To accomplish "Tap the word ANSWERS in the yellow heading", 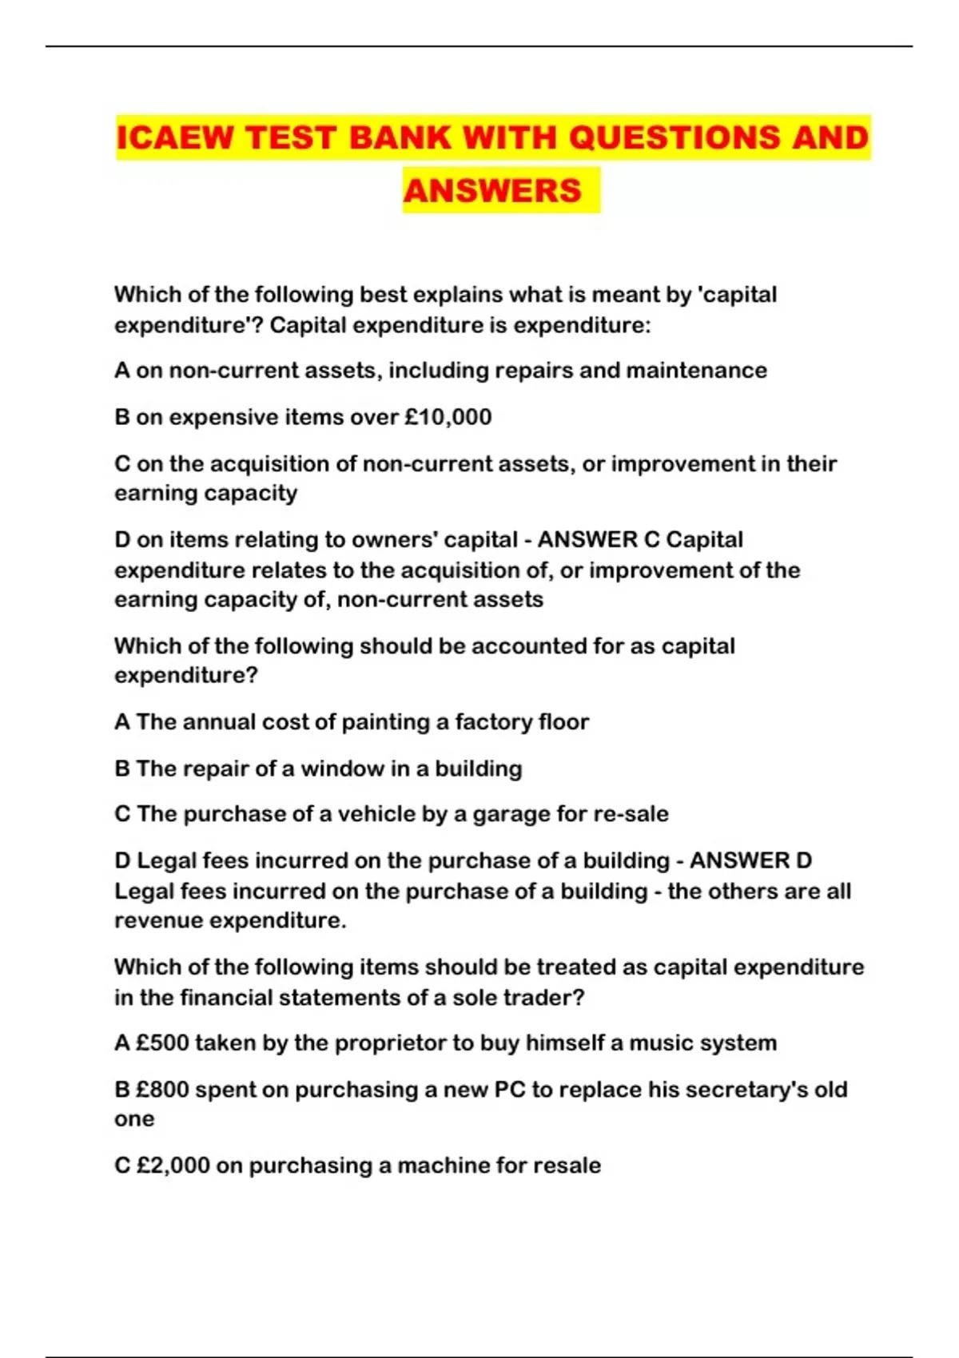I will [492, 190].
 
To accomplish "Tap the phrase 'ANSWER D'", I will [750, 860].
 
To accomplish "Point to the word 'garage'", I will [511, 814].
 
